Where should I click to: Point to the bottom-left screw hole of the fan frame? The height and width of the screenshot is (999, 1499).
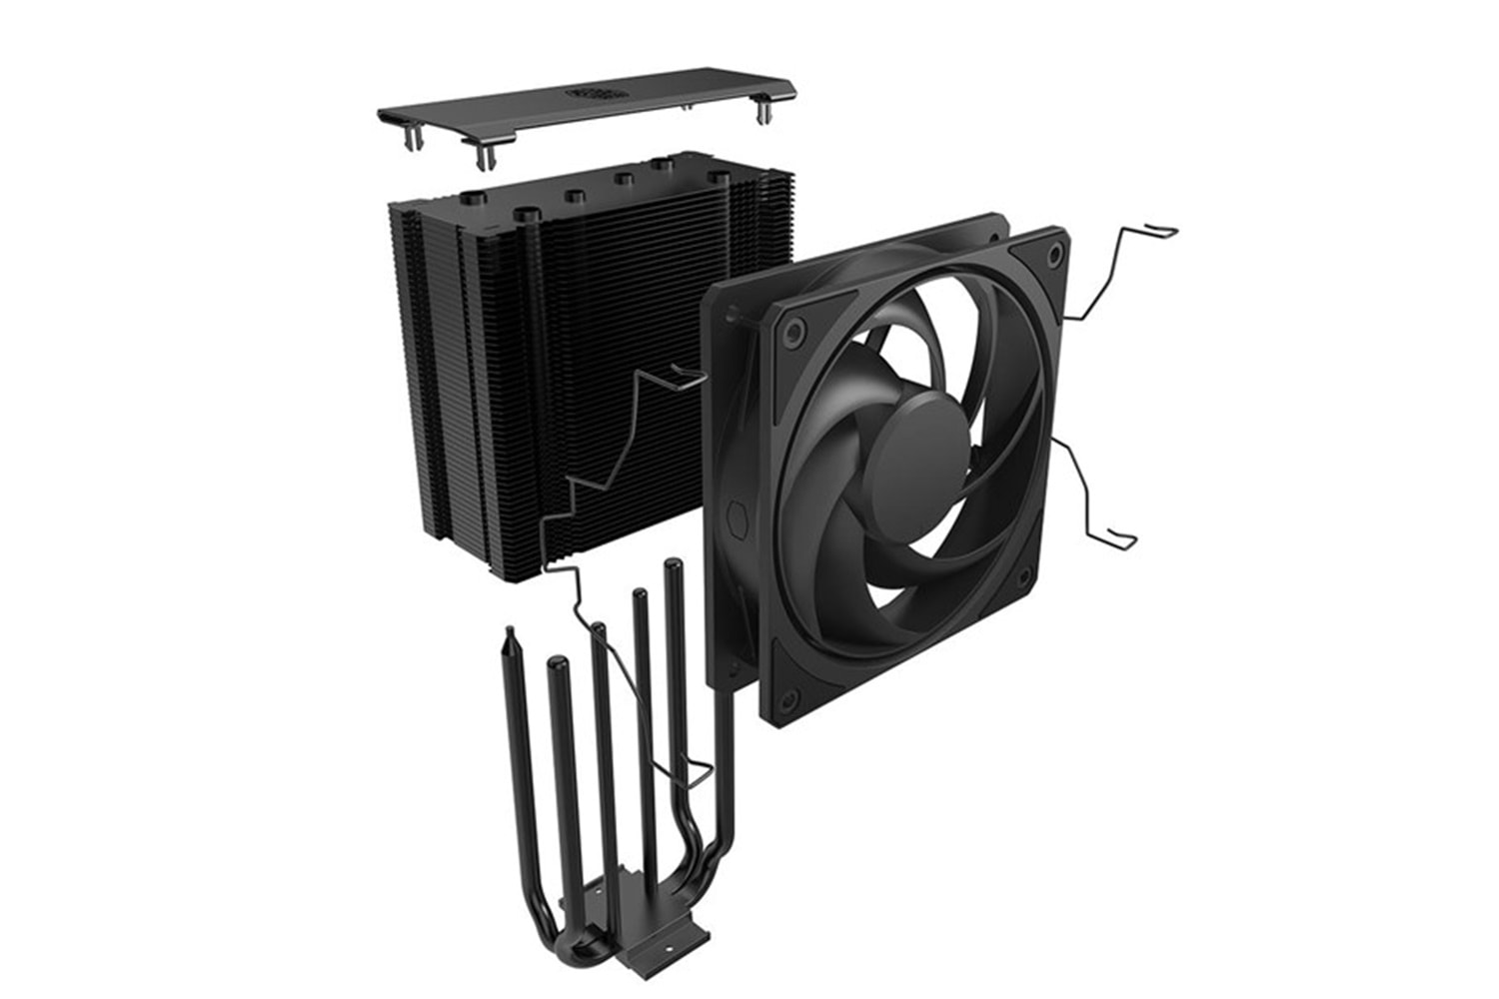(x=783, y=688)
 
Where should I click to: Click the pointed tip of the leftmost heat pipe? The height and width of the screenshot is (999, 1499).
(x=512, y=631)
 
